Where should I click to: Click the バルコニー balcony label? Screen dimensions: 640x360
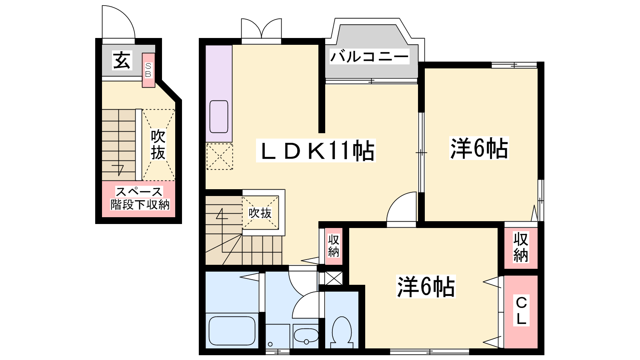coord(370,56)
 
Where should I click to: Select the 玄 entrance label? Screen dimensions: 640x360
coord(122,60)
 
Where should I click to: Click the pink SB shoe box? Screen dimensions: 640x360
coord(148,70)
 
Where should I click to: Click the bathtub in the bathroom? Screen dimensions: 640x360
coord(232,331)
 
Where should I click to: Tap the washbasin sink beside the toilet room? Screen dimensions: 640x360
coord(306,336)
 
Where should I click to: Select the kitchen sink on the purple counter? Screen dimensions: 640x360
coord(219,116)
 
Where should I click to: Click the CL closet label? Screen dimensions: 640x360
coord(522,310)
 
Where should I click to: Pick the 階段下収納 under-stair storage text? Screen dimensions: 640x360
coord(140,204)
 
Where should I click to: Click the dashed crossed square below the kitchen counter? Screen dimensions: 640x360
coord(220,156)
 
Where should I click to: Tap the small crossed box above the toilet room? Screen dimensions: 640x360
coord(334,278)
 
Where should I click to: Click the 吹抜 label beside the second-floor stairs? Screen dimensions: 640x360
coord(260,213)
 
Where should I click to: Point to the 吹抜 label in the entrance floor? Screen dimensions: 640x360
coord(158,144)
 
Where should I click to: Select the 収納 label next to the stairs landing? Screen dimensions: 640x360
coord(334,246)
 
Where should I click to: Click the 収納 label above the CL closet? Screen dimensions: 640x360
coord(520,248)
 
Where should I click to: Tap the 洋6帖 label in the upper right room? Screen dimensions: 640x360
coord(479,148)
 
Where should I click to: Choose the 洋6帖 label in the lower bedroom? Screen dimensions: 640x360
coord(426,286)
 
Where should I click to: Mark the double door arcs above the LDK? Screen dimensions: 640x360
coord(262,26)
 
